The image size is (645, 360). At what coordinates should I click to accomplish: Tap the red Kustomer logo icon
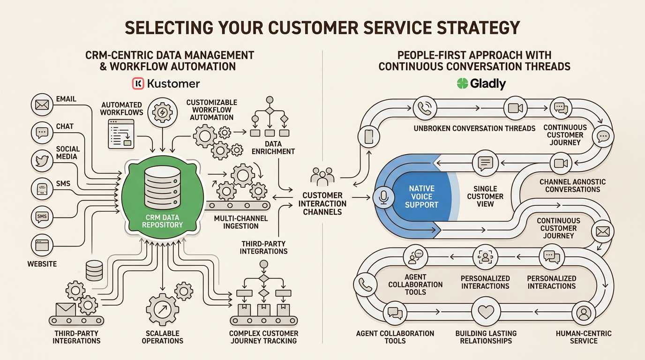pos(138,84)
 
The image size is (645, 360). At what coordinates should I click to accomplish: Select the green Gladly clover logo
pos(462,84)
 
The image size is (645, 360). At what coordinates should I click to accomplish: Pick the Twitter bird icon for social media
pos(42,160)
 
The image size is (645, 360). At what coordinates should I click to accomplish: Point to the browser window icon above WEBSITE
pos(42,245)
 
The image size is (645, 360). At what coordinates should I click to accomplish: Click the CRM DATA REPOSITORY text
pos(164,221)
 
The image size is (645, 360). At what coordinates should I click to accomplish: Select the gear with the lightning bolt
pos(161,113)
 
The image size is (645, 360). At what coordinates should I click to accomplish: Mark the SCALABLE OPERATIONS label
pos(162,337)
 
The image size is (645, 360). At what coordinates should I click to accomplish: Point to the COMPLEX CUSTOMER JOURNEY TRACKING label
pos(264,337)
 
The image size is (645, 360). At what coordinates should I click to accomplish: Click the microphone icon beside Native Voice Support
pos(383,198)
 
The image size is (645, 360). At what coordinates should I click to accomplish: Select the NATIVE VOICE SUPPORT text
pos(422,197)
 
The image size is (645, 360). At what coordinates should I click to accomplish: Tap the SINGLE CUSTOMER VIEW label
pos(485,196)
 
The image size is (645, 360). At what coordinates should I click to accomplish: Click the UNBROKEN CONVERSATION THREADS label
pos(474,128)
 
